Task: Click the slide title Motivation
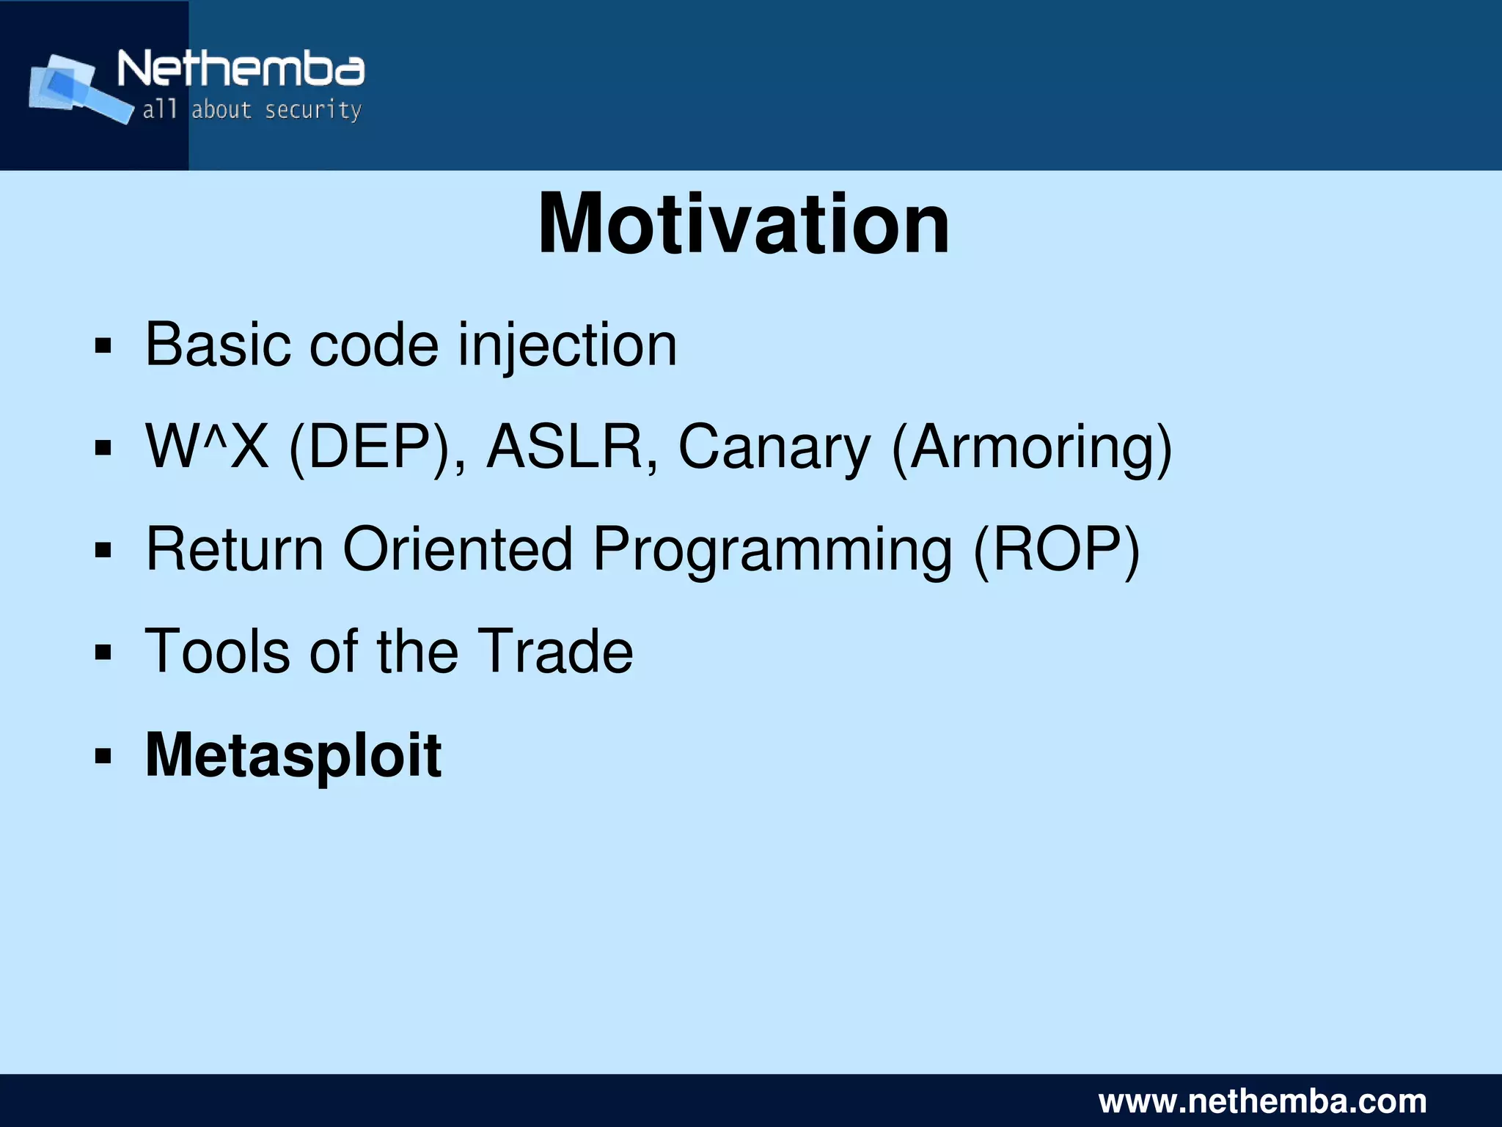743,224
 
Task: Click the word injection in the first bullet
567,345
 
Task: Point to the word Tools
217,651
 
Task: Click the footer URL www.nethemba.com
1262,1101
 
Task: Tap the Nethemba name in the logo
241,70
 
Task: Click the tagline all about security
252,110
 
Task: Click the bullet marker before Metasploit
103,756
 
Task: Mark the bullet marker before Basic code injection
103,345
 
